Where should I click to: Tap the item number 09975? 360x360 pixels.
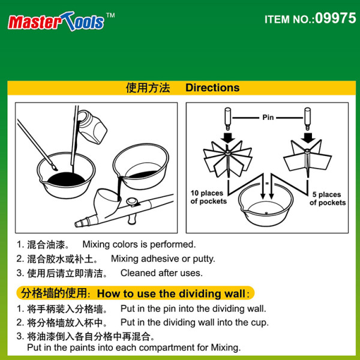(335, 18)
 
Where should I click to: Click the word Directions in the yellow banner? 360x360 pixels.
(212, 88)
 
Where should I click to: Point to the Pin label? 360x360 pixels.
(268, 118)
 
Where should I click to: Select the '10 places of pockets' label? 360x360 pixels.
(208, 197)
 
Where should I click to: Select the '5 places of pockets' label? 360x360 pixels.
(328, 199)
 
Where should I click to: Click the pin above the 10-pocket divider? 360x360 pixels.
(228, 118)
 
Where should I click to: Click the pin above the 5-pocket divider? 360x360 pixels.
(307, 118)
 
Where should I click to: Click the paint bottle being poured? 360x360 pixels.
(92, 126)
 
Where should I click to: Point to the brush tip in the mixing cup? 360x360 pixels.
(55, 167)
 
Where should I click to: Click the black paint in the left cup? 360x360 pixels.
(67, 179)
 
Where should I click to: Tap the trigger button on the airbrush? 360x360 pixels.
(132, 202)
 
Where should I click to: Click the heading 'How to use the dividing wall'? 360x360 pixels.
(171, 293)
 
